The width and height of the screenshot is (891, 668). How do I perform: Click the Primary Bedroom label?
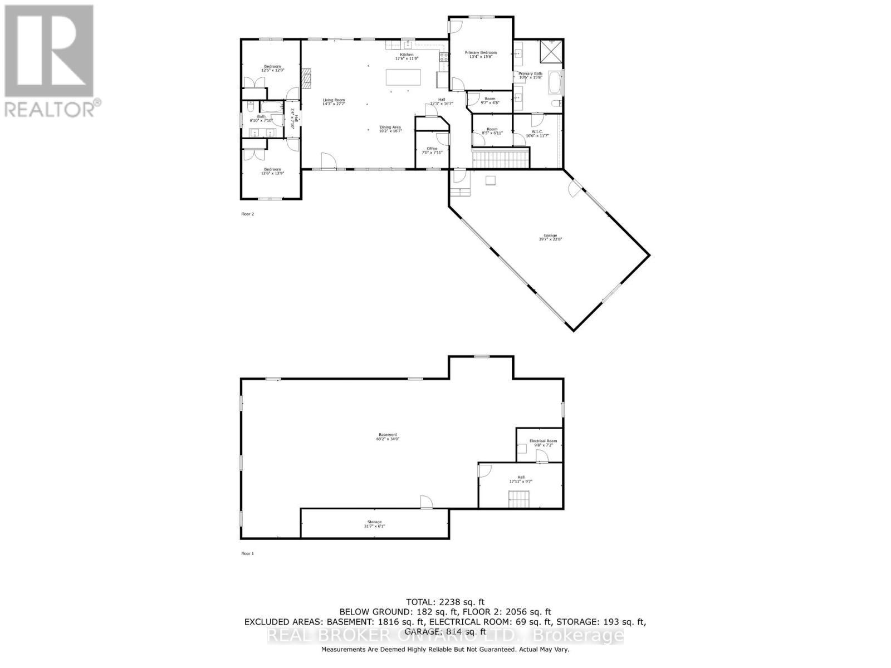481,55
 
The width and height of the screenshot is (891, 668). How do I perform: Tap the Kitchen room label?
407,56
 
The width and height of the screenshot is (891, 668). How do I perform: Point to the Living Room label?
334,102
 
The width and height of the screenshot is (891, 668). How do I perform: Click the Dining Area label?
390,129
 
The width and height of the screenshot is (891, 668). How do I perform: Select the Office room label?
432,150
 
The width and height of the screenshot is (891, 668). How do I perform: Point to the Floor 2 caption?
247,214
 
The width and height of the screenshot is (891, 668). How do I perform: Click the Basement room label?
388,436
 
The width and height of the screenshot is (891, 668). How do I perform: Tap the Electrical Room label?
543,443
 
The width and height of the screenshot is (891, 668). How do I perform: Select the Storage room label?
374,524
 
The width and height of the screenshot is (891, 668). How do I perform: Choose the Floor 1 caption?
247,553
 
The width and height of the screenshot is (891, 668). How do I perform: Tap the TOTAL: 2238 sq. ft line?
445,602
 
